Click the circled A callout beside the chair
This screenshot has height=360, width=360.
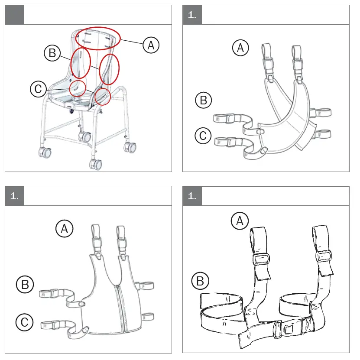[x=151, y=45]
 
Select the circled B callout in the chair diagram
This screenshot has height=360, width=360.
[x=52, y=53]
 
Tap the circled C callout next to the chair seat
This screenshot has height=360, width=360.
[x=38, y=89]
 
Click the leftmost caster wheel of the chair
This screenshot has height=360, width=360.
[x=45, y=152]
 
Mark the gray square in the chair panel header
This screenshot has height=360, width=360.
[x=14, y=15]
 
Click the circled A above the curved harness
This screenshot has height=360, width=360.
[x=240, y=48]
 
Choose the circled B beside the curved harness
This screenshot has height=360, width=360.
[x=204, y=100]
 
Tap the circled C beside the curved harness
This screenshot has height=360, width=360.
[x=203, y=136]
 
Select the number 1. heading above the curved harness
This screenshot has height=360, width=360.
[x=192, y=15]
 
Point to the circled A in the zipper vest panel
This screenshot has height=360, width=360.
[x=64, y=229]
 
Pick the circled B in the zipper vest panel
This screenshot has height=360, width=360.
[x=25, y=284]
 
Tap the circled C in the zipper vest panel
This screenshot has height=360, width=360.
[x=24, y=322]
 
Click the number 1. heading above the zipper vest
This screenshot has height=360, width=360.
[x=14, y=196]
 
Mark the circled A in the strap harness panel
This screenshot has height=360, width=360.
[x=240, y=221]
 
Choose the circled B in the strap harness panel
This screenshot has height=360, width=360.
[x=200, y=282]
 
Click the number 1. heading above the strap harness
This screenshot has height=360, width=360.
[x=192, y=196]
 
